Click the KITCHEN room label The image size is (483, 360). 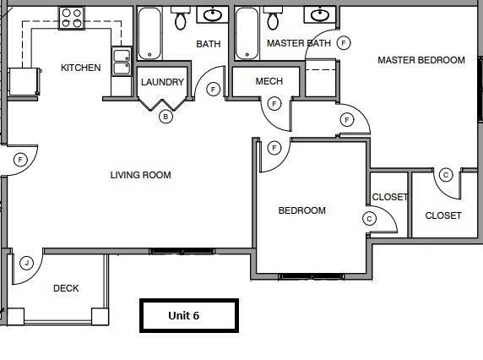[x=81, y=68]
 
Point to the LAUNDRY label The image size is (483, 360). [x=162, y=82]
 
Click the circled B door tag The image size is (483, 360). [x=166, y=117]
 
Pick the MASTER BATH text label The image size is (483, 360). [x=298, y=43]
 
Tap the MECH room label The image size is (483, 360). [x=269, y=82]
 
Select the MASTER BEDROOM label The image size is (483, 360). [x=421, y=60]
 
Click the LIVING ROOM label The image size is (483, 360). [x=140, y=176]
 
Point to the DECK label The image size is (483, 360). [x=66, y=288]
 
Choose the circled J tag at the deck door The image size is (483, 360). [x=27, y=263]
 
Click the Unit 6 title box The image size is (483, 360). [x=188, y=315]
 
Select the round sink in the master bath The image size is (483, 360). [x=320, y=14]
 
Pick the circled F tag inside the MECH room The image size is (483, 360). [x=274, y=104]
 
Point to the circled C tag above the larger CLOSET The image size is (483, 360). [x=446, y=174]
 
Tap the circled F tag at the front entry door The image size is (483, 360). [x=20, y=159]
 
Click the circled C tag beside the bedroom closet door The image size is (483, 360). [x=369, y=218]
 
